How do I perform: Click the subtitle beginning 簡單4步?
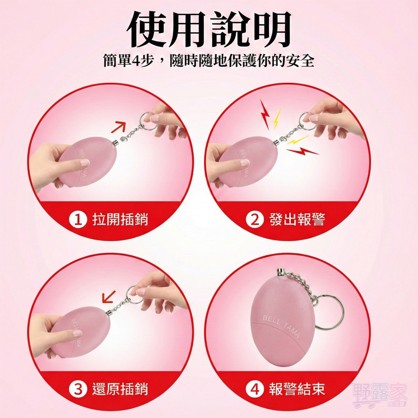209,61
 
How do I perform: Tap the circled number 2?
254,219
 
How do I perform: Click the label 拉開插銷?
120,219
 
